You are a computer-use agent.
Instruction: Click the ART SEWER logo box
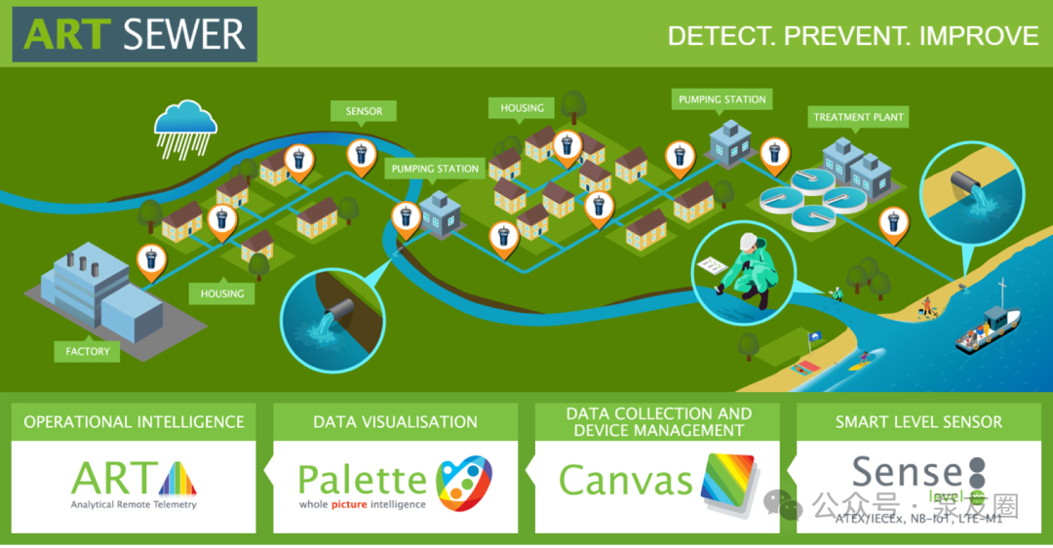pos(135,34)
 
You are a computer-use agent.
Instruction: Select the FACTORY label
pos(88,351)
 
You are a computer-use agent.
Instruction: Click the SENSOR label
pos(364,111)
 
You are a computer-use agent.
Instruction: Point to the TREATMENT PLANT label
pos(858,117)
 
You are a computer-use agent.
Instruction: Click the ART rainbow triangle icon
pos(175,479)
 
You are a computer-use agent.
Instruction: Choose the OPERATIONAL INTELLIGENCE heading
pos(134,422)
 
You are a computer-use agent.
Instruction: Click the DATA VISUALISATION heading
pos(395,422)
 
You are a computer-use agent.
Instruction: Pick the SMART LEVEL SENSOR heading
pos(918,422)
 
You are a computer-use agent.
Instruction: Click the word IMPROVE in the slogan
pos(980,36)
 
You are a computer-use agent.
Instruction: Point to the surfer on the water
pos(861,360)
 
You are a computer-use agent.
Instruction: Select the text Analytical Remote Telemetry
pos(134,504)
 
